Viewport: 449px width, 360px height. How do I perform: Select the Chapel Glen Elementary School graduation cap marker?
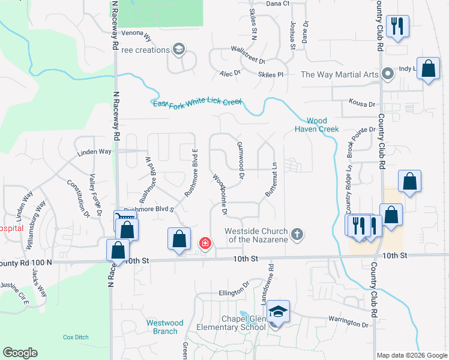tap(278, 312)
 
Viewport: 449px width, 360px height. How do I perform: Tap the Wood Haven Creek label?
tap(316, 124)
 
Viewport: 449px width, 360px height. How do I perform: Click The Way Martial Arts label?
tap(339, 74)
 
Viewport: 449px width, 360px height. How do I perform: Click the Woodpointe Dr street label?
tap(220, 194)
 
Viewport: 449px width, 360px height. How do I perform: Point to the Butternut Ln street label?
tap(271, 181)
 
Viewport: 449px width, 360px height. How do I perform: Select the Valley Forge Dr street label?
tap(98, 195)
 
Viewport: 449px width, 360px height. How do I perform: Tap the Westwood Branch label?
tap(162, 326)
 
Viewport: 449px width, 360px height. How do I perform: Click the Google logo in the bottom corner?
tap(20, 353)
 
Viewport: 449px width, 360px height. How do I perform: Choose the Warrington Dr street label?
tap(348, 324)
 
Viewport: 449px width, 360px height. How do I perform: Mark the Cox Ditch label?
tap(76, 337)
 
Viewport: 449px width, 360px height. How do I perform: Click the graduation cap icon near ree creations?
tap(178, 49)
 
